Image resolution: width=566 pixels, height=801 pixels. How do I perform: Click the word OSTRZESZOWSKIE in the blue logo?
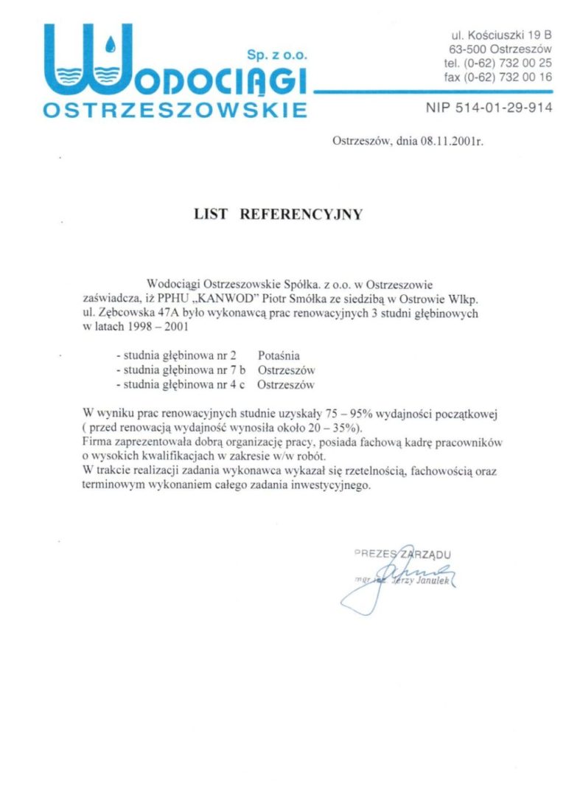175,110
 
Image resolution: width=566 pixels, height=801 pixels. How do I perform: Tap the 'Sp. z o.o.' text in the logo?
276,55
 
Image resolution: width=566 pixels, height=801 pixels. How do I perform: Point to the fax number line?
498,77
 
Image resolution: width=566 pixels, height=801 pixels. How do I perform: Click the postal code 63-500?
467,49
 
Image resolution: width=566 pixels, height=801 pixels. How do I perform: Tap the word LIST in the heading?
208,215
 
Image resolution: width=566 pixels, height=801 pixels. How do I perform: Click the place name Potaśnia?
279,356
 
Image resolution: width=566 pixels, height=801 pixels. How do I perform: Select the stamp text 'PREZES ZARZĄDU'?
402,553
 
